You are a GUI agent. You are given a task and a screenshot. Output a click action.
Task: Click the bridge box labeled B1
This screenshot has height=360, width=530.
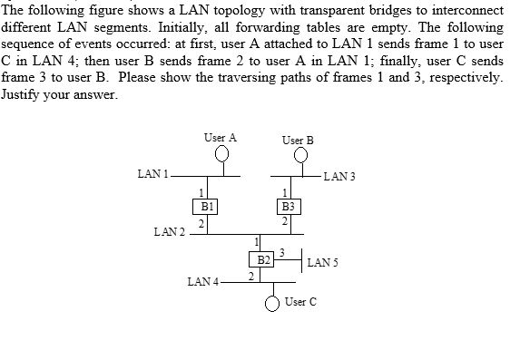[207, 206]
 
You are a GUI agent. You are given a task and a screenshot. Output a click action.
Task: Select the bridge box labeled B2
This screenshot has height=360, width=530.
[263, 259]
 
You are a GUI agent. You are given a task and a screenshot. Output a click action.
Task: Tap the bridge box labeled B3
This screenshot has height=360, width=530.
[287, 206]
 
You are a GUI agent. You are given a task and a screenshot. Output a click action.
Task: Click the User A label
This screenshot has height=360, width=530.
[221, 138]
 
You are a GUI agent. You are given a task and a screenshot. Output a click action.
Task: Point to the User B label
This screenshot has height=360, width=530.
[298, 141]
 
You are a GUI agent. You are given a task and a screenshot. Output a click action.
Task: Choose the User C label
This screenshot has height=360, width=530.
[300, 301]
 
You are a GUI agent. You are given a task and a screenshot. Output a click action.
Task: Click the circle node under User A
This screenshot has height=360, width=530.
[221, 155]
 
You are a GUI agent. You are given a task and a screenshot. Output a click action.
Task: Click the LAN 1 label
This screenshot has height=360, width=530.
[152, 172]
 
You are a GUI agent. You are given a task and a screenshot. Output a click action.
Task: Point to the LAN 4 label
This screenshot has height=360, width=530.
[202, 282]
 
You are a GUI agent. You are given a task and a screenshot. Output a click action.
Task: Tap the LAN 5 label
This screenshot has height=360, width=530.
[323, 263]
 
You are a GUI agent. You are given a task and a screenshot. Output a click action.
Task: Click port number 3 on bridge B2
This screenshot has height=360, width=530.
[282, 251]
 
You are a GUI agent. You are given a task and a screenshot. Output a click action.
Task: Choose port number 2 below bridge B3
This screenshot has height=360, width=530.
[285, 221]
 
